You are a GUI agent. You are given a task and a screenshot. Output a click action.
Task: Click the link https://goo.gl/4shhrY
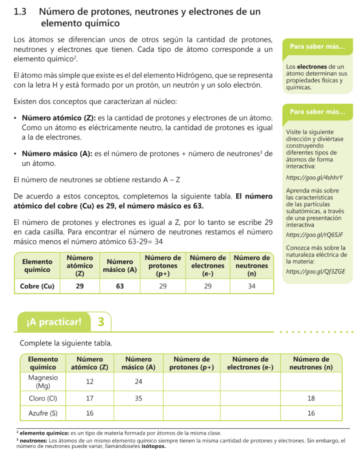(x=315, y=178)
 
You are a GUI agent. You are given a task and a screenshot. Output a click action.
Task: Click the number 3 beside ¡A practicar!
(x=101, y=321)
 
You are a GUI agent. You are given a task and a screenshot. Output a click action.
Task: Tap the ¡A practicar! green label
(x=54, y=322)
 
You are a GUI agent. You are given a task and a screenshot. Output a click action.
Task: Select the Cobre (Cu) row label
(x=37, y=286)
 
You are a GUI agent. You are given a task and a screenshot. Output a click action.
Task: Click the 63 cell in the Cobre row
(x=120, y=286)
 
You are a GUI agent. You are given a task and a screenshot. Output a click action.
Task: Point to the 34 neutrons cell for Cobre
(x=251, y=286)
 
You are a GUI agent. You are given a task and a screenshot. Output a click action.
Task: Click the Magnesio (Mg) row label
(x=43, y=382)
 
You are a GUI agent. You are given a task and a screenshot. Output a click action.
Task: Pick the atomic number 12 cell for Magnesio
(x=90, y=382)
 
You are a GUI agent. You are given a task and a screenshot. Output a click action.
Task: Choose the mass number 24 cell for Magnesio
(x=138, y=382)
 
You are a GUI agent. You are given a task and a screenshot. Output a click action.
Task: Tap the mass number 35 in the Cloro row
(x=138, y=399)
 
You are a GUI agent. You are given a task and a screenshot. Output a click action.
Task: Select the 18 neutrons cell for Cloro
(x=311, y=399)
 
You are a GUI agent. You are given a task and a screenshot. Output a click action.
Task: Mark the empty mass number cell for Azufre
(x=138, y=413)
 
